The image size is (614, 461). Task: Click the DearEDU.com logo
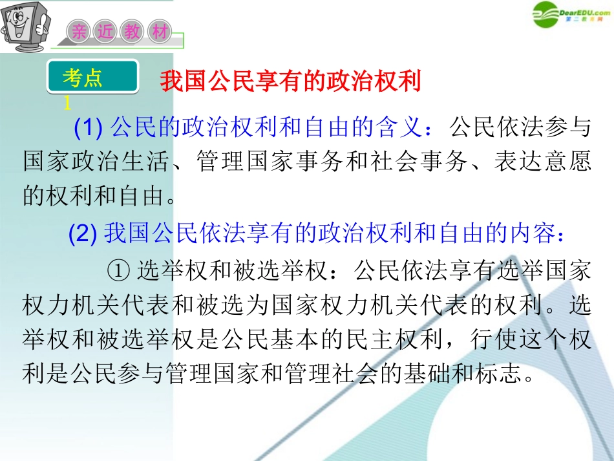pos(571,12)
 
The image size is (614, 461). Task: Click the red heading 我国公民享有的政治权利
pos(290,82)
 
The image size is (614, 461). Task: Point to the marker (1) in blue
pos(90,128)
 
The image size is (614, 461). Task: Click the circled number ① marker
pos(121,270)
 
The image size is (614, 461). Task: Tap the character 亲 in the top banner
pos(79,31)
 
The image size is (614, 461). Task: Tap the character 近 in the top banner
pos(106,31)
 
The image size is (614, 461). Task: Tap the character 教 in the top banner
pos(132,31)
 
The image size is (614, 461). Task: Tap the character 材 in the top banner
pos(159,31)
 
